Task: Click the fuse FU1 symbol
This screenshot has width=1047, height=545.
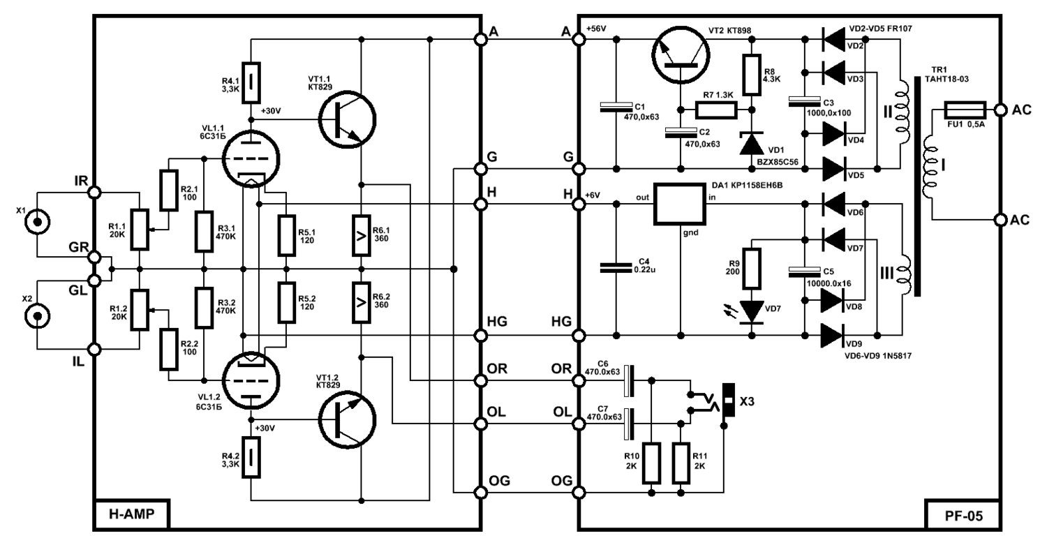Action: (x=965, y=110)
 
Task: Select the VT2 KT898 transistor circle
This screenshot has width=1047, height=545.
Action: (x=681, y=54)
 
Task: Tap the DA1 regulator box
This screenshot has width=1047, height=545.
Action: (x=679, y=204)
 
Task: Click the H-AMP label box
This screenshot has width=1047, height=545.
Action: (x=131, y=514)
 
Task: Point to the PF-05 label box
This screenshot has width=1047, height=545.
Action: (x=963, y=515)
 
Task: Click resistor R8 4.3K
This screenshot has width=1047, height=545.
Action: (x=752, y=75)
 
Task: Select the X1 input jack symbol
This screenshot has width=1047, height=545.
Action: (x=38, y=222)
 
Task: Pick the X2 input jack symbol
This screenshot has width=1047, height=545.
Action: (x=38, y=316)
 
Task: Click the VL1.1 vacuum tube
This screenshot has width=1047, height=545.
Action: (x=251, y=159)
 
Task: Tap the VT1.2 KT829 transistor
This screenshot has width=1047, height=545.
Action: (x=347, y=419)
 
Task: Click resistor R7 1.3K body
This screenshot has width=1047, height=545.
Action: (x=716, y=110)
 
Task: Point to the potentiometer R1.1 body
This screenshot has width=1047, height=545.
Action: (x=140, y=230)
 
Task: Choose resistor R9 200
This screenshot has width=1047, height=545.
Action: (x=752, y=268)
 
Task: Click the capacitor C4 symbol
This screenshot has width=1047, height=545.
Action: (x=616, y=267)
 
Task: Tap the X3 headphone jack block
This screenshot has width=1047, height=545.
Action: (x=728, y=400)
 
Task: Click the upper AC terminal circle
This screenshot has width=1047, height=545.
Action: (x=1000, y=110)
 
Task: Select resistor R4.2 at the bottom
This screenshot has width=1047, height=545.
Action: (x=251, y=457)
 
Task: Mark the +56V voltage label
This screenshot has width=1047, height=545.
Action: (x=595, y=29)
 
